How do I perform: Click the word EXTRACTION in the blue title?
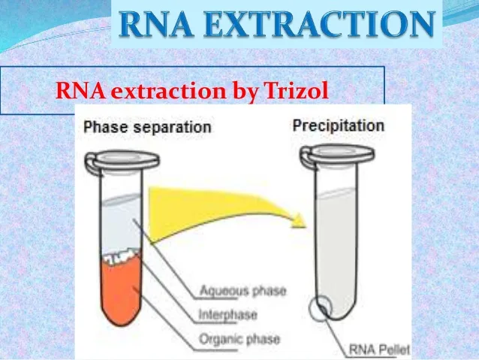pyautogui.click(x=319, y=24)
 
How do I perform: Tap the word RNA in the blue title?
pyautogui.click(x=156, y=24)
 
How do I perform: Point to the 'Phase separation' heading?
pyautogui.click(x=147, y=127)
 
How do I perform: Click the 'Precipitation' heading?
pyautogui.click(x=339, y=126)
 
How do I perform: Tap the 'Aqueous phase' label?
pyautogui.click(x=243, y=291)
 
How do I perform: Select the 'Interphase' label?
pyautogui.click(x=228, y=315)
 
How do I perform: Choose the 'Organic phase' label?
pyautogui.click(x=239, y=339)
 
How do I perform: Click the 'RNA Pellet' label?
pyautogui.click(x=379, y=349)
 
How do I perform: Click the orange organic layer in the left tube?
pyautogui.click(x=122, y=291)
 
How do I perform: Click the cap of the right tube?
pyautogui.click(x=338, y=155)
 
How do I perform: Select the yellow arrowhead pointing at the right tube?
pyautogui.click(x=298, y=220)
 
